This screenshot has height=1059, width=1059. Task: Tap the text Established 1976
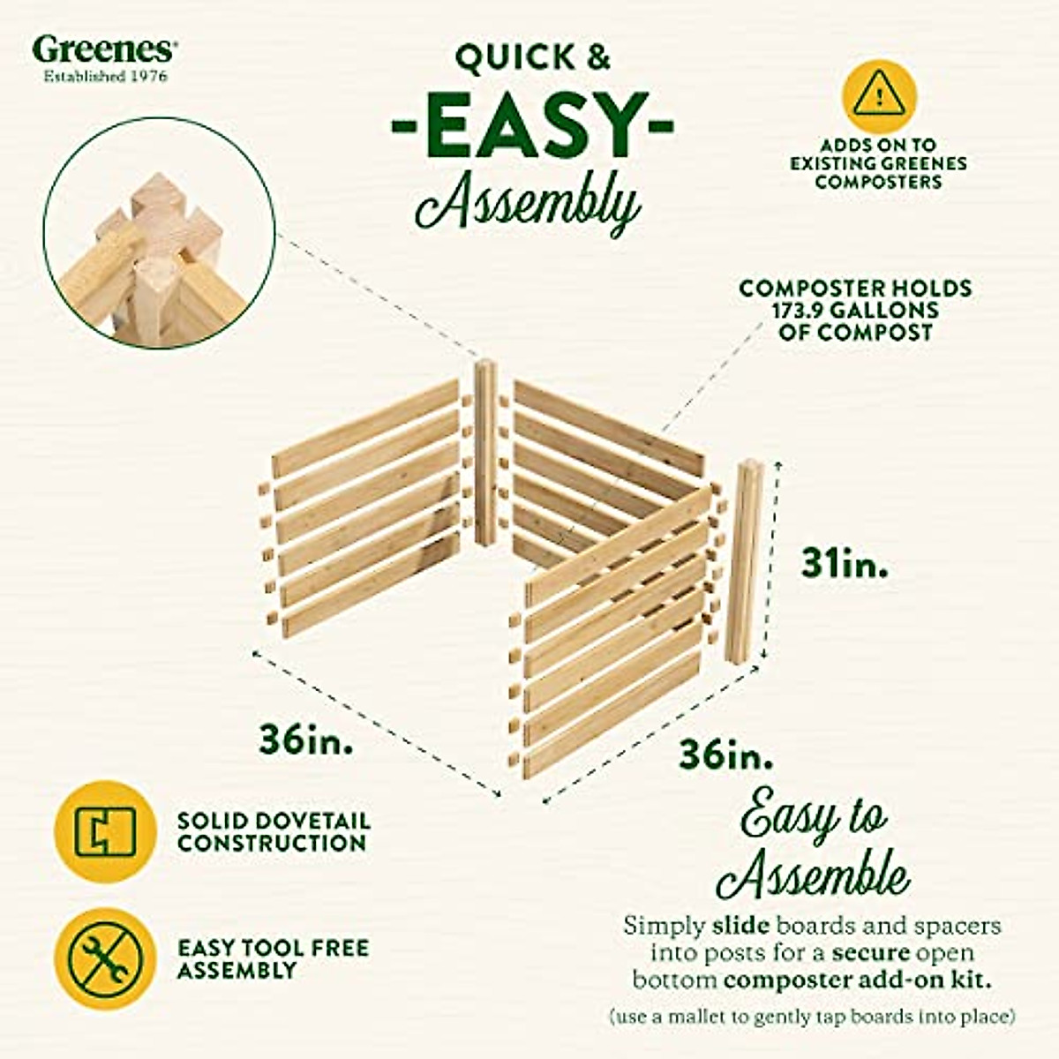tap(105, 76)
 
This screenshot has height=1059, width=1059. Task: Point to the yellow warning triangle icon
tap(877, 94)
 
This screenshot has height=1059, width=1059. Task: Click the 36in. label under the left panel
tap(306, 739)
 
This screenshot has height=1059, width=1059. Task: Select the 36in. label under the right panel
tap(726, 755)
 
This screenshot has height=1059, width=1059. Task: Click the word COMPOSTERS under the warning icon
tap(877, 182)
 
